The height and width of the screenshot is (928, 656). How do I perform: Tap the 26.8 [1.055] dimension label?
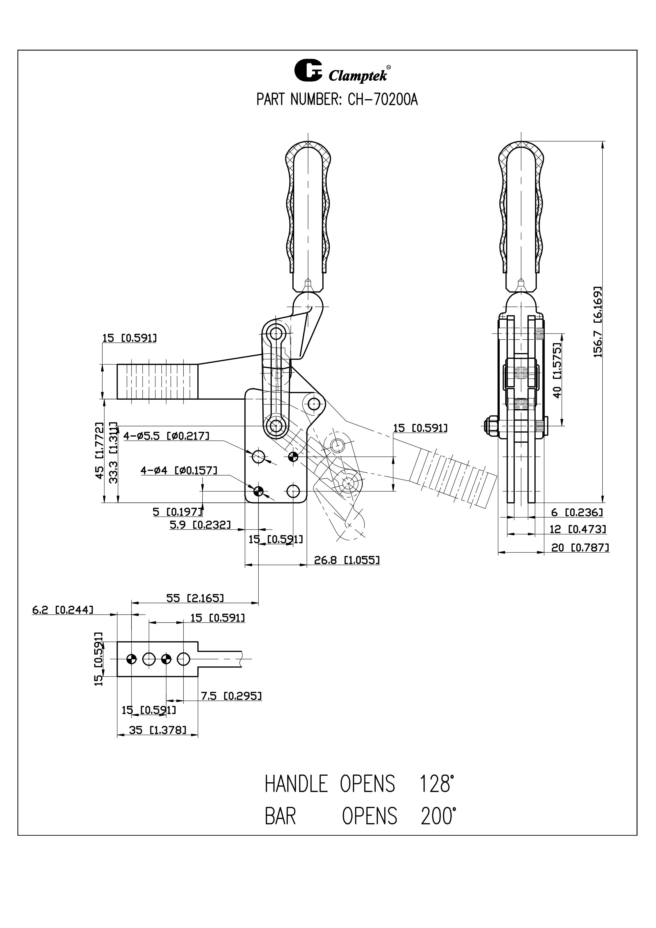pos(347,560)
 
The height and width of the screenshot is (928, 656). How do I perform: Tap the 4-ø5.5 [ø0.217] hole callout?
pos(167,436)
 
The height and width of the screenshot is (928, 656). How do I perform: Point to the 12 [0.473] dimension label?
pos(578,529)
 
